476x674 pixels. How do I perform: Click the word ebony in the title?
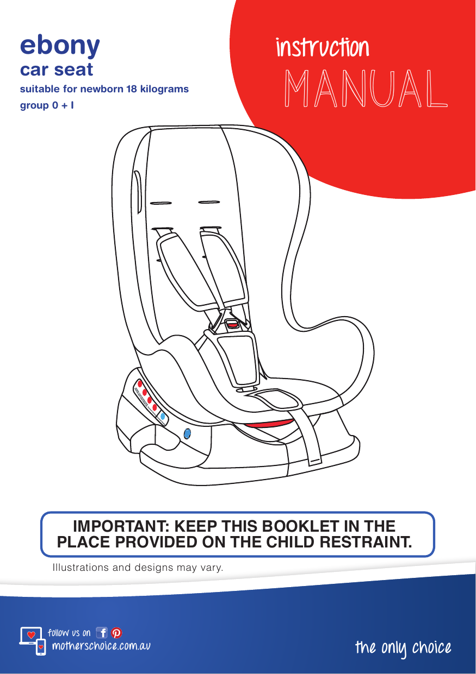[60, 47]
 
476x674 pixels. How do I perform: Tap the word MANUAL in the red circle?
[366, 89]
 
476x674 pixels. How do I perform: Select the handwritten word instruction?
[323, 48]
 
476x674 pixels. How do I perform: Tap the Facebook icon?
[102, 633]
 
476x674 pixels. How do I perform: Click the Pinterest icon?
[116, 633]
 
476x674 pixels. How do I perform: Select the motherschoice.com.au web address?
[101, 646]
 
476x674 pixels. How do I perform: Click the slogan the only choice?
[403, 648]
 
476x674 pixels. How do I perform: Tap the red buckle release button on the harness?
[232, 324]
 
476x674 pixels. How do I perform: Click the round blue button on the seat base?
[187, 433]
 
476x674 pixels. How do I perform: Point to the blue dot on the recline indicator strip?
[163, 417]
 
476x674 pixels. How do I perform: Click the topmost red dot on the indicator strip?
[140, 383]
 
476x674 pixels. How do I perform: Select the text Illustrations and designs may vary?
[138, 568]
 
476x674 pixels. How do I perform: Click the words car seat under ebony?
[57, 70]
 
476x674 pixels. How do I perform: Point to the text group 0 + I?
[47, 105]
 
